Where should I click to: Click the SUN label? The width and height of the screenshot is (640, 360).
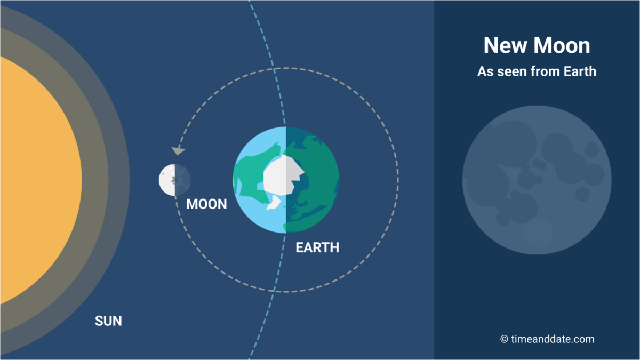click(108, 321)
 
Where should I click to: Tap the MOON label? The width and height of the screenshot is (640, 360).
click(206, 204)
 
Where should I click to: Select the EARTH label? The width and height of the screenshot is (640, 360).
click(317, 247)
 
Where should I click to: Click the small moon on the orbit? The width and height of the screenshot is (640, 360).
click(174, 180)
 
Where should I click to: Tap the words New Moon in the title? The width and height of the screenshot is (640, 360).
click(537, 46)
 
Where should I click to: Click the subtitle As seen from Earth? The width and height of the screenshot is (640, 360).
click(537, 71)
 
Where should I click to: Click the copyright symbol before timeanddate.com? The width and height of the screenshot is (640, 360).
click(504, 339)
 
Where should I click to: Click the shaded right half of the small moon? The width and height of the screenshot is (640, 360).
click(182, 180)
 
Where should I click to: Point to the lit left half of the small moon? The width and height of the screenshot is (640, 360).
click(166, 180)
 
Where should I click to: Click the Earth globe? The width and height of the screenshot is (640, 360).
click(286, 180)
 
